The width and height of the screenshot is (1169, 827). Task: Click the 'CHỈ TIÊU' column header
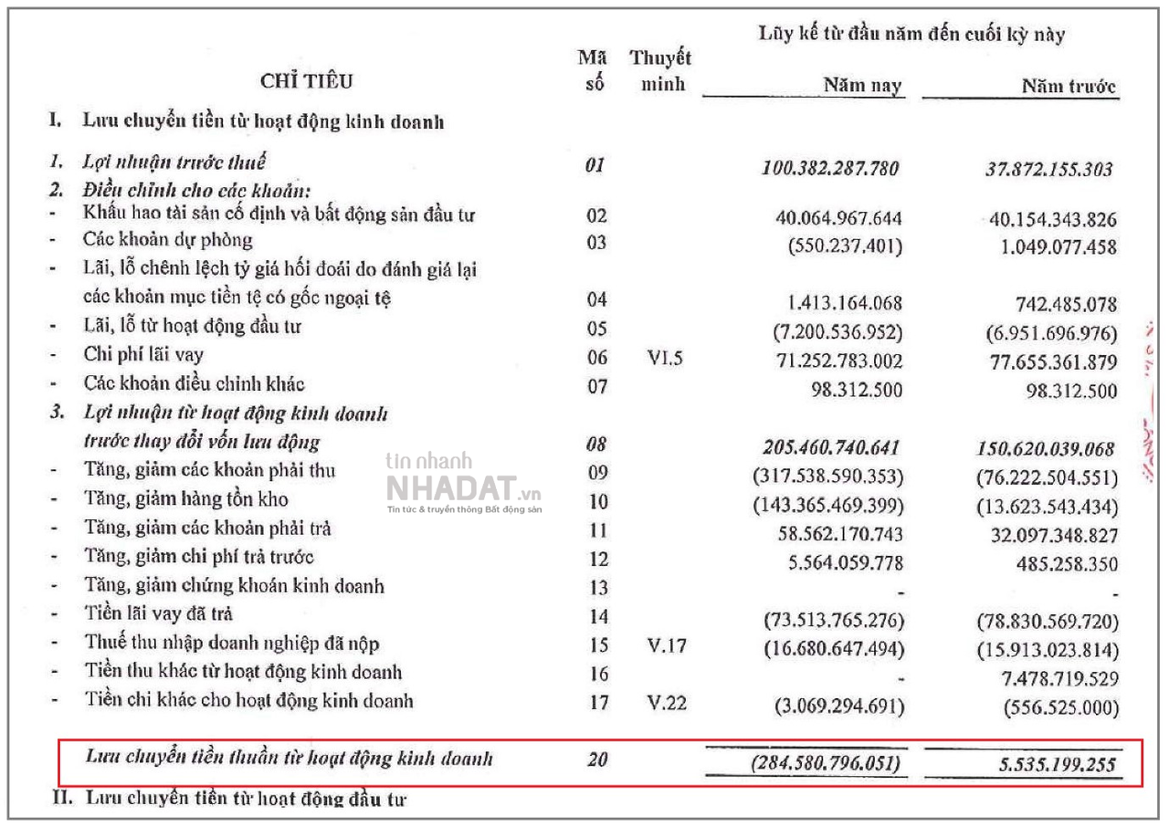[307, 81]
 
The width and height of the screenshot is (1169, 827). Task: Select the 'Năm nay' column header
[861, 86]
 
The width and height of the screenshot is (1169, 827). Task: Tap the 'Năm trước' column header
[1069, 87]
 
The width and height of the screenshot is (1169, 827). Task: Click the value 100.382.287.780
[829, 168]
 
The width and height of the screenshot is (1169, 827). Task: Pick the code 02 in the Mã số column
[597, 217]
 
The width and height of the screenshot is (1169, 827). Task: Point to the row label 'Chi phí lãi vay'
[143, 355]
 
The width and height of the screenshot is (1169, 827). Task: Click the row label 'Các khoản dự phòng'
[168, 241]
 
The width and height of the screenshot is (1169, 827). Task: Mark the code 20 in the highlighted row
[597, 759]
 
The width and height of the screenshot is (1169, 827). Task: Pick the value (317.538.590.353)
[827, 476]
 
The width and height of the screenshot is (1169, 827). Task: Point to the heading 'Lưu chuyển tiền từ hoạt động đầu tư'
[246, 799]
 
